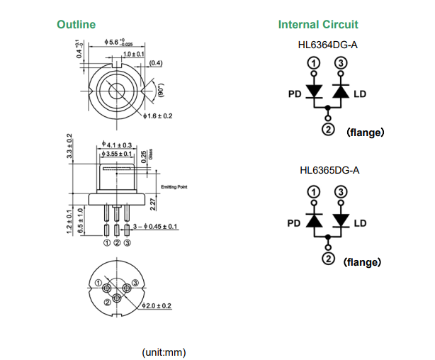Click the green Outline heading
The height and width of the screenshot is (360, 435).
(x=76, y=25)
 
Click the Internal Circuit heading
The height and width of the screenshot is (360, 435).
(x=318, y=25)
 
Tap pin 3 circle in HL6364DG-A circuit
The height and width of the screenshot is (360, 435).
(x=341, y=64)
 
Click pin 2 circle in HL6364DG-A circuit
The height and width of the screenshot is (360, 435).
(x=327, y=129)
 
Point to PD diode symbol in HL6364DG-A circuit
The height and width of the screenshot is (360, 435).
(x=314, y=92)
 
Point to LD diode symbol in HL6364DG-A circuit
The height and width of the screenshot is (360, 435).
(x=341, y=92)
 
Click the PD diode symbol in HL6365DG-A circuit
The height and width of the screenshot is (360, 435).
(x=314, y=221)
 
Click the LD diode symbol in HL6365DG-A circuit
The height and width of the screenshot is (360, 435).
(x=341, y=221)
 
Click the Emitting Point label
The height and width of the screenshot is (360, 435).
(x=174, y=186)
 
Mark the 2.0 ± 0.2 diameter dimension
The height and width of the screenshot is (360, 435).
(x=157, y=305)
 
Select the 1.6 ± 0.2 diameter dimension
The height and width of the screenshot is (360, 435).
(x=158, y=116)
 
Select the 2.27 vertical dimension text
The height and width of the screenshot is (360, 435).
(x=152, y=205)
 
